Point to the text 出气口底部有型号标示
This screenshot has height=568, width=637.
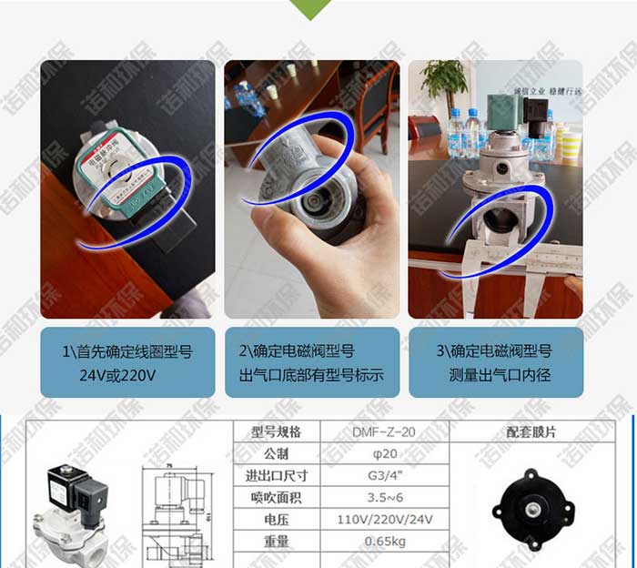click(311, 374)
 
